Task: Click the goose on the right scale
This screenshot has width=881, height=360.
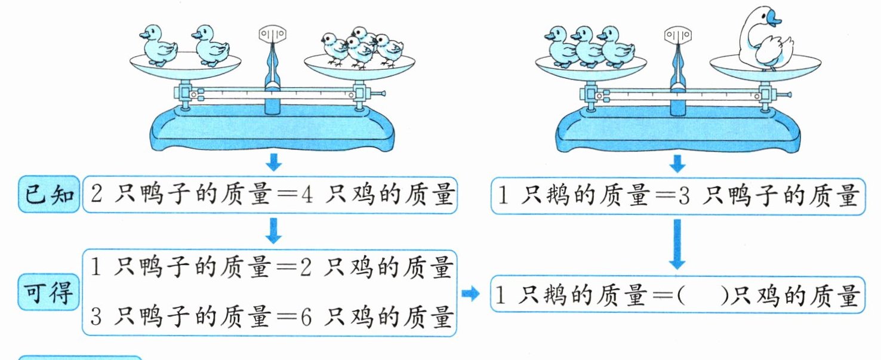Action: click(x=765, y=39)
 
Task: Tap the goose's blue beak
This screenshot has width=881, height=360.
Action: click(x=772, y=19)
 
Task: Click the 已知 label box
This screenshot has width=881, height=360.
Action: click(x=49, y=194)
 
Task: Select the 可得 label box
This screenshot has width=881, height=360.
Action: click(x=49, y=293)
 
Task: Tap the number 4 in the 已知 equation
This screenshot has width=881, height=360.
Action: click(x=307, y=195)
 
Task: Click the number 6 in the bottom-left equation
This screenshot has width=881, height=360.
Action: click(x=306, y=317)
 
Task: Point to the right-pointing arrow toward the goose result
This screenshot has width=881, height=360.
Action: click(x=470, y=293)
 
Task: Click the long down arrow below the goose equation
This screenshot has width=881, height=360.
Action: click(x=677, y=244)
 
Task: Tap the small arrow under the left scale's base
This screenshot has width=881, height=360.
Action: click(x=274, y=162)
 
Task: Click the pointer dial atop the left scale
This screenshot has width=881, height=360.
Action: click(x=272, y=35)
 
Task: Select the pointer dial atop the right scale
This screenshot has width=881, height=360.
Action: click(x=677, y=35)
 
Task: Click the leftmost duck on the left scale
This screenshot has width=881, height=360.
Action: click(x=158, y=45)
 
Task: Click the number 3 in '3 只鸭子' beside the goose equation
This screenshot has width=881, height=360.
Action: click(x=684, y=196)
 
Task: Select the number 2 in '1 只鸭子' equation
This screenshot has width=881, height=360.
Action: click(x=306, y=267)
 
